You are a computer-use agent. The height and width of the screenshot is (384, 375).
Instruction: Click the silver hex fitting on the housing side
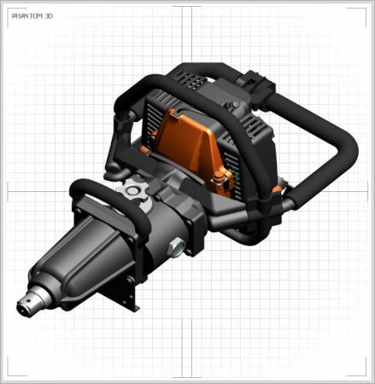click(177, 246)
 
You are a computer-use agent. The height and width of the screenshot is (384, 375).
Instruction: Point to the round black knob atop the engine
click(235, 105)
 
